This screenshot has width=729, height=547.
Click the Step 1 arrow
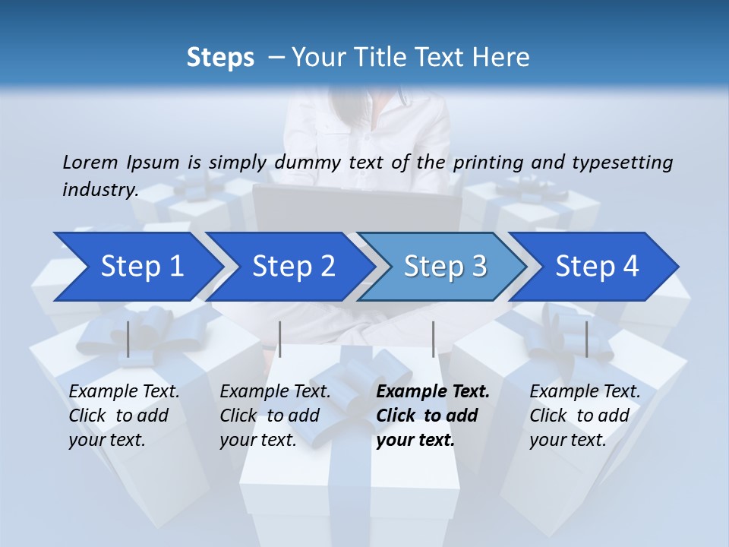point(141,266)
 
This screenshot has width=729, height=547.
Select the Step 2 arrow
point(293,266)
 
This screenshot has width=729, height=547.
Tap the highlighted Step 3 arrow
point(445,266)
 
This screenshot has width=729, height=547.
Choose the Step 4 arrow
point(597,266)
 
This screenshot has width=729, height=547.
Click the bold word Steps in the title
point(220,57)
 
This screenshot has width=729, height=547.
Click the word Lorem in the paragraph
point(90,162)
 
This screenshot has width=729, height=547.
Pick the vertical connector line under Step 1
point(128,339)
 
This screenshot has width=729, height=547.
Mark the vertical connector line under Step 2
point(280,339)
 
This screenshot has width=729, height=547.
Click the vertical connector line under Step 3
point(433,339)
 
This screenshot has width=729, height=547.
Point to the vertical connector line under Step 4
point(586,339)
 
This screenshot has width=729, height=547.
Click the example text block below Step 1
point(124,416)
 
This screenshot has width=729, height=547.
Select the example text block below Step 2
point(275,416)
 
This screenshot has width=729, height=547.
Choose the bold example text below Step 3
point(433,416)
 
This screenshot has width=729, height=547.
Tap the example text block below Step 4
point(585,416)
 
